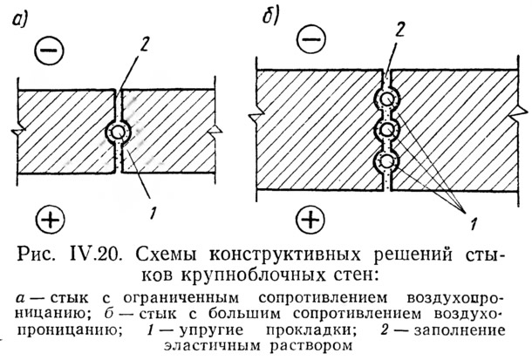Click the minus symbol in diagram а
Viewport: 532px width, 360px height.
(51, 53)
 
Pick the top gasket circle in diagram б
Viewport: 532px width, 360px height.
(384, 96)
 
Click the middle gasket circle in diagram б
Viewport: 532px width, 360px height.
(384, 131)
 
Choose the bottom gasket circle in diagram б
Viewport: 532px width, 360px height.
(384, 162)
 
